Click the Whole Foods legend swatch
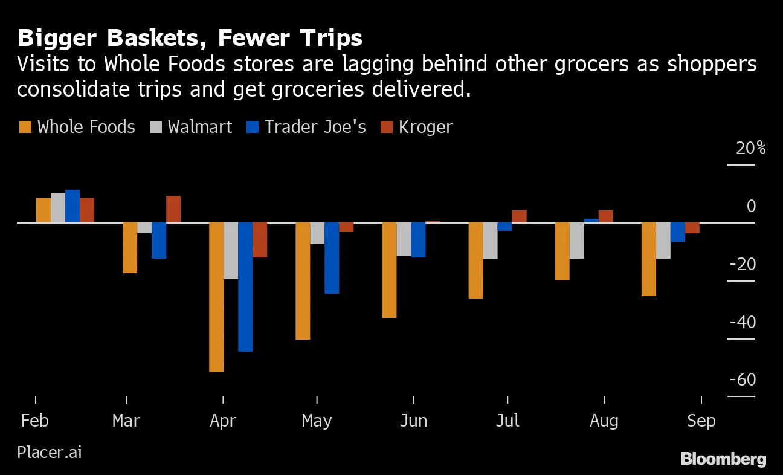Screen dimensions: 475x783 (25, 127)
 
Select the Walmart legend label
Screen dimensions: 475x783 (200, 127)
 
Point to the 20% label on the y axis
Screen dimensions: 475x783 (750, 148)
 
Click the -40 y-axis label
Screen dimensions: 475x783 (743, 322)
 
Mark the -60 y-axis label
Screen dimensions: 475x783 (743, 380)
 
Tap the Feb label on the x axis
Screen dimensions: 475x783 (34, 421)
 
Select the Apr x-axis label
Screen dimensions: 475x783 (223, 421)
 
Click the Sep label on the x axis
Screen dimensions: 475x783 (701, 421)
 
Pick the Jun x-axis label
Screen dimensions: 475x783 (413, 421)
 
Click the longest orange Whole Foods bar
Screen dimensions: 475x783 (216, 297)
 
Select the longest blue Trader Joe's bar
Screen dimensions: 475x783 (245, 286)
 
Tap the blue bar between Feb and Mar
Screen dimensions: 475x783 (72, 206)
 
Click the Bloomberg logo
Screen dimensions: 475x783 (723, 459)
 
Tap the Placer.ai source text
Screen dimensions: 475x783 (50, 452)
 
